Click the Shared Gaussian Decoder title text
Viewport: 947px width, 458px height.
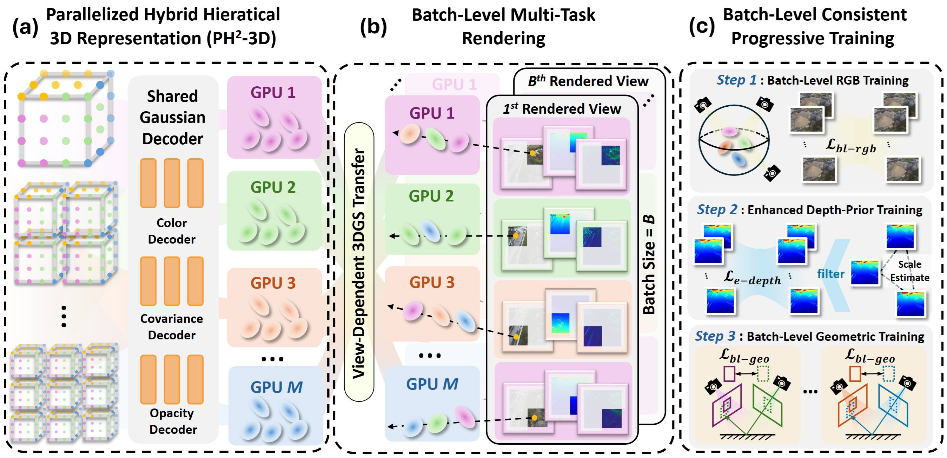(x=172, y=118)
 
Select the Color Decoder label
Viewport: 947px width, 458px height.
(x=172, y=231)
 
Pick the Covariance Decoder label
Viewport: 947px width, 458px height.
(x=172, y=327)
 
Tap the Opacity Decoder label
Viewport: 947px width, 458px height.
(x=172, y=421)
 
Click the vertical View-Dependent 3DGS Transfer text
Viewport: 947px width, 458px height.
(x=359, y=263)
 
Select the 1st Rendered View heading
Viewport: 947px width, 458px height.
(x=562, y=109)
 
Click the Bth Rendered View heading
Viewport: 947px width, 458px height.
(x=588, y=81)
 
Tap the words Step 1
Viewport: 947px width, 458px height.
(x=736, y=80)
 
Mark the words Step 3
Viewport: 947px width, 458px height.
(x=715, y=336)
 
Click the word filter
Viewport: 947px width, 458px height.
(x=830, y=274)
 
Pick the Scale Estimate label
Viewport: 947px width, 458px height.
(x=909, y=271)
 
